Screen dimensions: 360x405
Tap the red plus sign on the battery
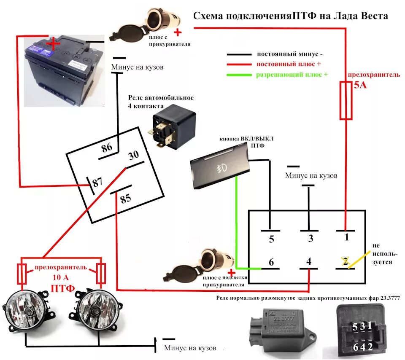53,43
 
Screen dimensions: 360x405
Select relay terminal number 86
107,148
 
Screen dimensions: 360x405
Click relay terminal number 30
133,156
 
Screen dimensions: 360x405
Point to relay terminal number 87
97,183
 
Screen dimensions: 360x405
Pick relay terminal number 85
126,199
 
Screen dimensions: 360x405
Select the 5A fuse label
360,86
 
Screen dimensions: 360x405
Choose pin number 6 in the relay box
271,262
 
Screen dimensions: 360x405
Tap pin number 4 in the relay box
309,262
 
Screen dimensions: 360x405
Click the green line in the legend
240,75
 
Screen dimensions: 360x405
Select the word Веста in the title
371,16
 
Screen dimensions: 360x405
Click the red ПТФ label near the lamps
62,288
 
